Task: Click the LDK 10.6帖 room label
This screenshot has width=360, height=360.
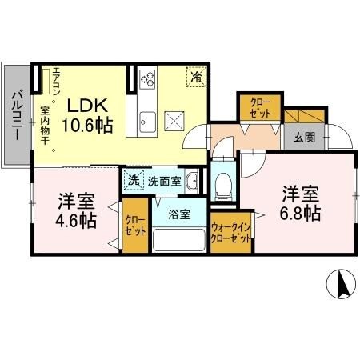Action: [88, 115]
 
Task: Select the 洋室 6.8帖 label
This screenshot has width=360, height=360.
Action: [301, 204]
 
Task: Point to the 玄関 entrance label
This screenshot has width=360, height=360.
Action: [304, 138]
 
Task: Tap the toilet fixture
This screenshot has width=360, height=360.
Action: [224, 183]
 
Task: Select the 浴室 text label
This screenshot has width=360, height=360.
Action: [178, 215]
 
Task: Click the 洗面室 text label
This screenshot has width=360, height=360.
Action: [163, 181]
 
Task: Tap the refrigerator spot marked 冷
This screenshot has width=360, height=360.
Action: [196, 77]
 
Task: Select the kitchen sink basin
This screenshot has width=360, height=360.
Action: [148, 122]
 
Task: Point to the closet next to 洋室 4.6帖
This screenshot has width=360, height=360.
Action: [134, 228]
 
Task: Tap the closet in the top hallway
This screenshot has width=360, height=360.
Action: [258, 109]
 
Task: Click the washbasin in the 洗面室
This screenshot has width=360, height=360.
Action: [192, 182]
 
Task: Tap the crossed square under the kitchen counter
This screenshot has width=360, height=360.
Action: [175, 121]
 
